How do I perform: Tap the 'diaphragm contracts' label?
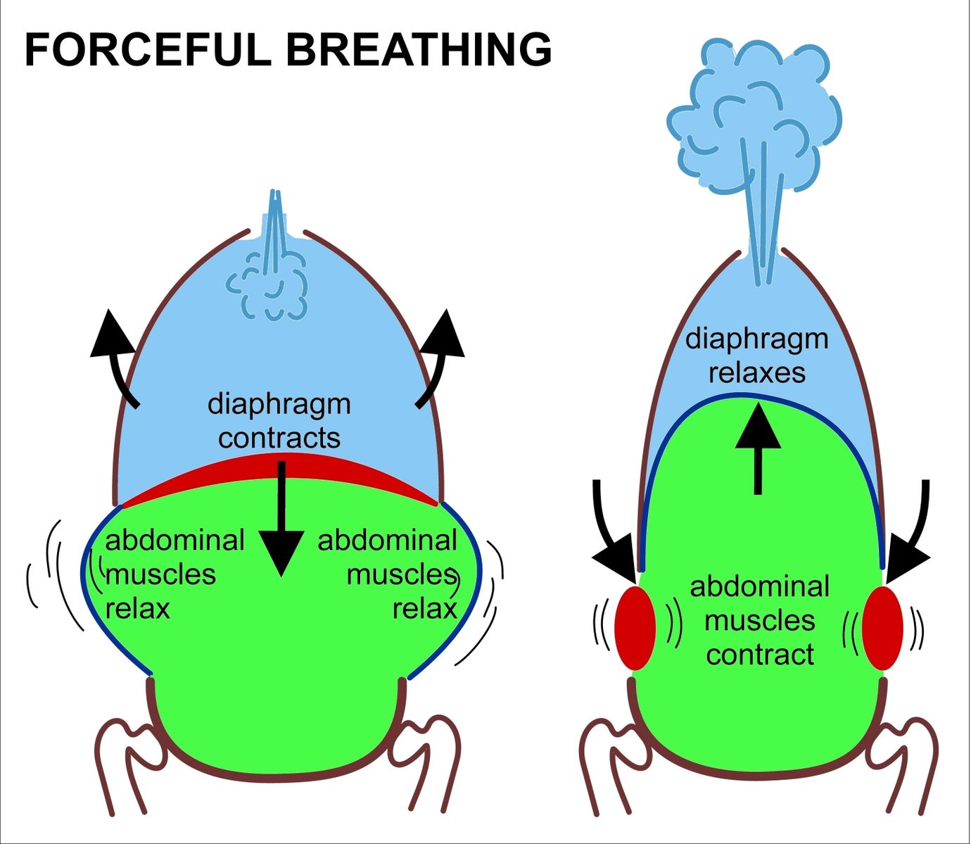(x=279, y=421)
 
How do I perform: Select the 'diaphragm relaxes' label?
(x=757, y=355)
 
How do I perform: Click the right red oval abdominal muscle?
(x=882, y=628)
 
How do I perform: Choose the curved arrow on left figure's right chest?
(x=440, y=355)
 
